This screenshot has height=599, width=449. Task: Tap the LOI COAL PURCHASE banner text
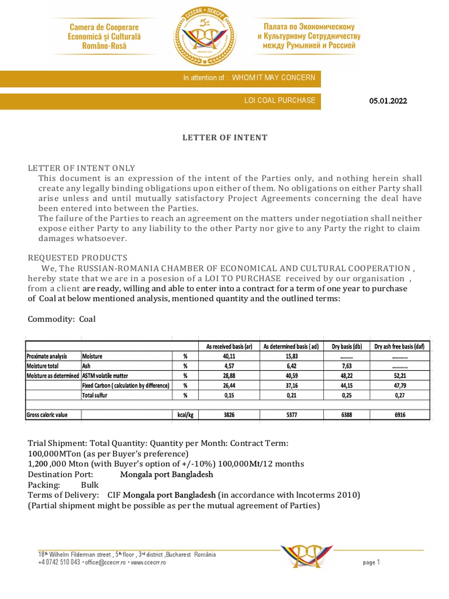tap(279, 101)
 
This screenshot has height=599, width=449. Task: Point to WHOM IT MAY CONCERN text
tap(273, 78)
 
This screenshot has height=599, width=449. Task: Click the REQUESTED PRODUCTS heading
tap(77, 258)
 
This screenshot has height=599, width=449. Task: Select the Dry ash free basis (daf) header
tap(400, 346)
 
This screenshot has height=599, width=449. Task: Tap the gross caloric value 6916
tap(400, 415)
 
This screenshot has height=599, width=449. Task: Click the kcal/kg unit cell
tap(185, 415)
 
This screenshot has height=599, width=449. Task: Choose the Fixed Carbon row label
tap(126, 385)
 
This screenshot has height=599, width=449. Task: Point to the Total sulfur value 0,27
tap(400, 395)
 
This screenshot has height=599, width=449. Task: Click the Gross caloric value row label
tap(47, 415)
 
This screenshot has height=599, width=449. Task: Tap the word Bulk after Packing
tap(90, 485)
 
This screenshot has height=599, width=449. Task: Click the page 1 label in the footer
tap(371, 562)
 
